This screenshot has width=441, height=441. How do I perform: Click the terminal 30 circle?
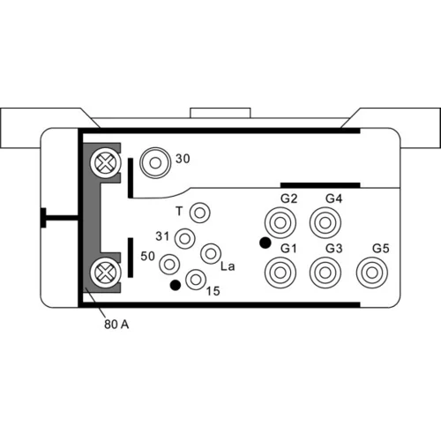(155, 162)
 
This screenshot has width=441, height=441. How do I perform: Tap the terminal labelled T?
(200, 213)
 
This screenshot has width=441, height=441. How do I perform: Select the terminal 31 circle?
(184, 239)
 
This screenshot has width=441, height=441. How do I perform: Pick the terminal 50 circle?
(169, 264)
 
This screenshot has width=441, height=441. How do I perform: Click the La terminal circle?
(211, 253)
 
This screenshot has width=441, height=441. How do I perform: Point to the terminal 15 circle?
(196, 280)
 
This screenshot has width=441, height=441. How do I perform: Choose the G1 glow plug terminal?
(280, 273)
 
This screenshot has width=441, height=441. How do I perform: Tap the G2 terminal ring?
(280, 223)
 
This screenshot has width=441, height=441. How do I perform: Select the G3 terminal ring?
(325, 273)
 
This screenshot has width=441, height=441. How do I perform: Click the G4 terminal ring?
(325, 223)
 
